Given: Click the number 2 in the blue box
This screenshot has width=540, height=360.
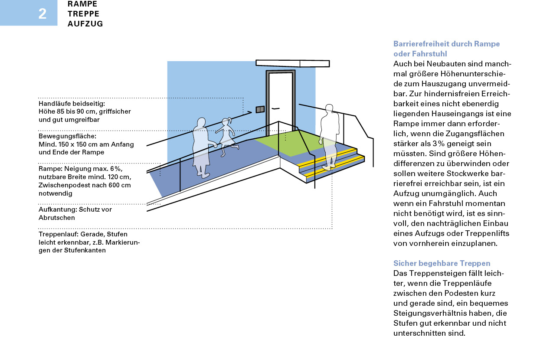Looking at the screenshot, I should click(42, 14).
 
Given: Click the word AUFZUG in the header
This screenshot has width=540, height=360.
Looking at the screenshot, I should click(85, 24).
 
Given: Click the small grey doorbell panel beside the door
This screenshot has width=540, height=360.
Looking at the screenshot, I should click(259, 109).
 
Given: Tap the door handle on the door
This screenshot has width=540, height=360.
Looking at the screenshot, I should click(275, 108).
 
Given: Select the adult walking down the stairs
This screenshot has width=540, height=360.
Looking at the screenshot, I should click(329, 134).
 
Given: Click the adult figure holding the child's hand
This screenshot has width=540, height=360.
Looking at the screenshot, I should click(201, 147).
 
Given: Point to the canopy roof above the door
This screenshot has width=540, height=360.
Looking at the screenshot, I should click(292, 63).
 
